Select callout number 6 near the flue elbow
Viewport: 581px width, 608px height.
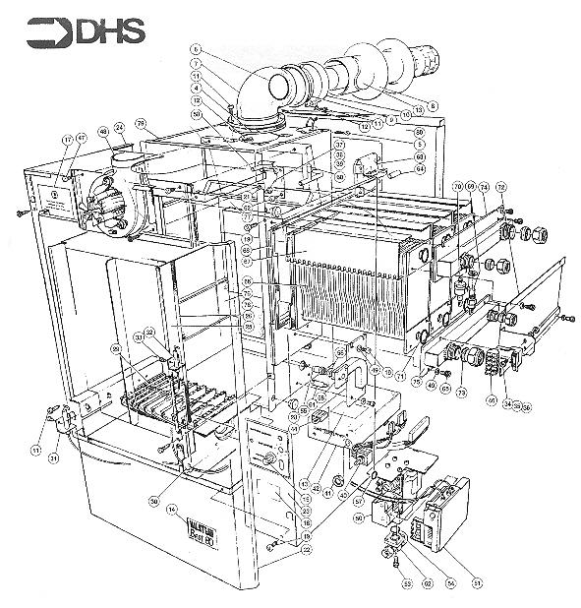click(196, 48)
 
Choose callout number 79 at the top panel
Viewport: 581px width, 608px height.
click(142, 124)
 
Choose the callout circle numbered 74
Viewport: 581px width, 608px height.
click(484, 186)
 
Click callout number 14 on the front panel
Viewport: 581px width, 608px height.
click(173, 509)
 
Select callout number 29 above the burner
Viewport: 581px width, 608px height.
click(116, 350)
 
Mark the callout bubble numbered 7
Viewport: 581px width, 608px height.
click(197, 63)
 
